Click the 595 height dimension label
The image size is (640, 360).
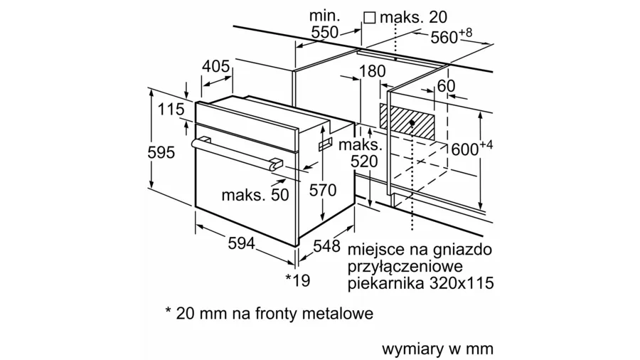(166, 153)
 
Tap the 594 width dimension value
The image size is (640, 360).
(242, 243)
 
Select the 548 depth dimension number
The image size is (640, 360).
(326, 247)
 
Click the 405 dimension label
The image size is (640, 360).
(215, 67)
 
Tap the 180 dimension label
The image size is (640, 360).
(371, 71)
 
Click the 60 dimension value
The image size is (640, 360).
(446, 86)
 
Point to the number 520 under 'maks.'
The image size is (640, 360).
(365, 162)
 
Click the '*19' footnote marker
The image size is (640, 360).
(298, 280)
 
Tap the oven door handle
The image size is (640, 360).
(235, 153)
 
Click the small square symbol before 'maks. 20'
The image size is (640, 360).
(369, 16)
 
